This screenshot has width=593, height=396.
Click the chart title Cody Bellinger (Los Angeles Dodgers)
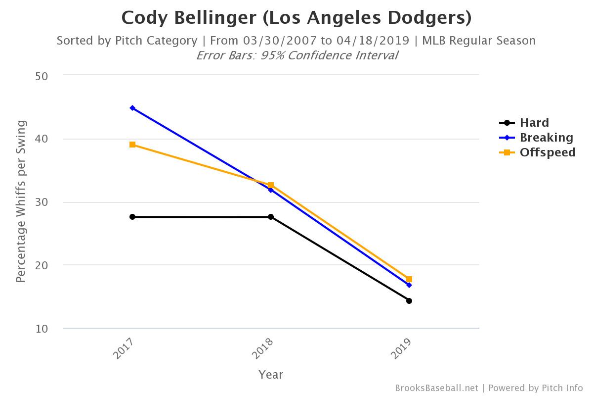pos(296,18)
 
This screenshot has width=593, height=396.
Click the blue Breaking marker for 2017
pos(132,108)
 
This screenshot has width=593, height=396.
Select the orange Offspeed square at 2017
pos(132,145)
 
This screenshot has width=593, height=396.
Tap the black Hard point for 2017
pos(132,217)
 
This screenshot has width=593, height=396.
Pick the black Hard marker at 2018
pos(271,217)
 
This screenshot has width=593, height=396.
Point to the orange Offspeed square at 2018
pos(271,185)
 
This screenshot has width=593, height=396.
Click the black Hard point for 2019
pos(409,301)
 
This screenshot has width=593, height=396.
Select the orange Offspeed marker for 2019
pos(409,279)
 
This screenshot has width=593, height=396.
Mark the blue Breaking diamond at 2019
pos(409,285)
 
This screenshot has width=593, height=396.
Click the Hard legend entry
pos(534,123)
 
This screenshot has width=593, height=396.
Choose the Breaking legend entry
pos(546,138)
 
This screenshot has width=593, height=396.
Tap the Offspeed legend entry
pos(547,152)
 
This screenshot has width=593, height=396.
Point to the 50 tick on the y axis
pos(41,76)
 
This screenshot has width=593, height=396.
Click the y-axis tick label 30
pos(41,202)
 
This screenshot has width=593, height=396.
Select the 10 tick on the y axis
pos(41,329)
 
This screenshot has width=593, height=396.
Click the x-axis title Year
pos(271,375)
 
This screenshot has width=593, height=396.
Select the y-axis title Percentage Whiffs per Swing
pos(20,201)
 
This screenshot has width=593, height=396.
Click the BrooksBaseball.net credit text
pos(436,388)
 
